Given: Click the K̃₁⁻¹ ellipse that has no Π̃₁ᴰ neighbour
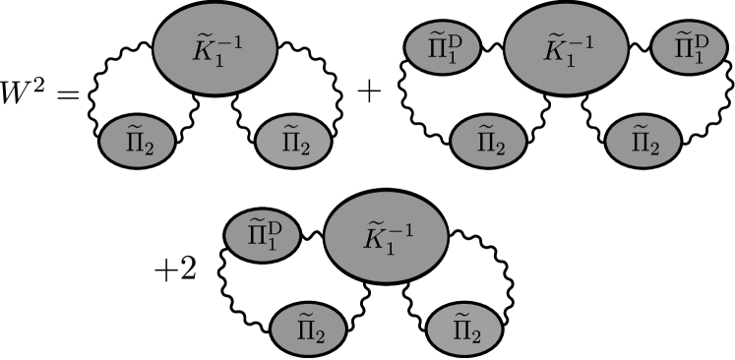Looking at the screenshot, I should (214, 48).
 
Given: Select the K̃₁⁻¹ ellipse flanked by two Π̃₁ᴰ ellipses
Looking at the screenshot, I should (566, 48).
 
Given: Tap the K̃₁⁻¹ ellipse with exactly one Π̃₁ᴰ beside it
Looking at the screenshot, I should (386, 236).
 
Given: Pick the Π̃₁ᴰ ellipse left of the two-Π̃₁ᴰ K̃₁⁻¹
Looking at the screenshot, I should (443, 48).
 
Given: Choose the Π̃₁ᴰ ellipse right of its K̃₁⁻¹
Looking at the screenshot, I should (690, 48).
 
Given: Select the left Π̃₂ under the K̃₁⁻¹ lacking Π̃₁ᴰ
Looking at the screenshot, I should (137, 143).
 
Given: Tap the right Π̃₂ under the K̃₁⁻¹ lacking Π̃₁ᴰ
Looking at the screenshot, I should (293, 143).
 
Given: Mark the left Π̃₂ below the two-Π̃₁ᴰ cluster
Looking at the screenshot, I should (488, 143).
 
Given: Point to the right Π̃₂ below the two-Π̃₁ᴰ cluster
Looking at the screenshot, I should (643, 143).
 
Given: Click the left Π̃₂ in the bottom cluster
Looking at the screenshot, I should (308, 329).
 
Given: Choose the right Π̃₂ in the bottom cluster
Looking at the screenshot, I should (464, 329).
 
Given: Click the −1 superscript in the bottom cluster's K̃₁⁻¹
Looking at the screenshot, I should (400, 229).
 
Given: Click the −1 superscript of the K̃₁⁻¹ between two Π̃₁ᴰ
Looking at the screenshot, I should (581, 41).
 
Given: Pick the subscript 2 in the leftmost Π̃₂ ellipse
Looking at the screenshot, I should (146, 149).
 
